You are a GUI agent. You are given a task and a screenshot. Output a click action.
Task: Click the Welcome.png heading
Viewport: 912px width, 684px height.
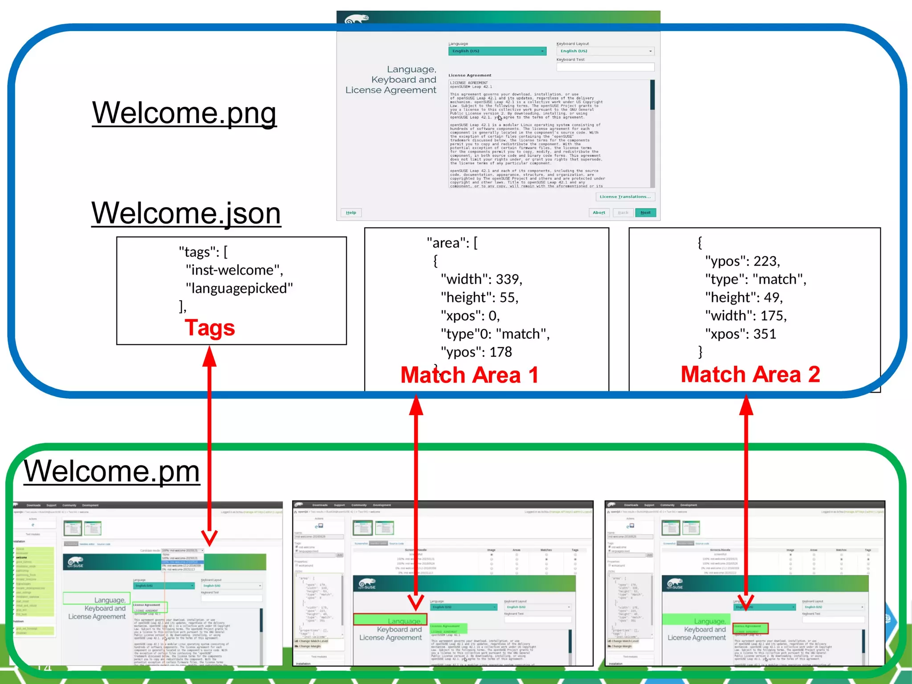[184, 113]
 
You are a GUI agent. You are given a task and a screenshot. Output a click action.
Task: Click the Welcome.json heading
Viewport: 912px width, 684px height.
[186, 213]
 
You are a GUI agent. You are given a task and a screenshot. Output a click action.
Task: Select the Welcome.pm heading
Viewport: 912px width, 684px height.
[112, 471]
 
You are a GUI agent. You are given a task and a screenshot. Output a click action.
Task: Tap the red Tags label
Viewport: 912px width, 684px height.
[209, 328]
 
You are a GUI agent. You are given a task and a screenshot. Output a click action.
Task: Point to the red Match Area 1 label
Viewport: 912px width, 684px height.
[469, 375]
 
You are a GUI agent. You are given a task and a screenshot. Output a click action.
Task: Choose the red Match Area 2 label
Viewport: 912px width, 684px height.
[750, 375]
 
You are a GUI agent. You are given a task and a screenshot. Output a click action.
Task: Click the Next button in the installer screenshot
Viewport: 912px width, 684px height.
[645, 213]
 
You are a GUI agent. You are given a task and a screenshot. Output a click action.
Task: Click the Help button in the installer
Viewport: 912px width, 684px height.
[351, 213]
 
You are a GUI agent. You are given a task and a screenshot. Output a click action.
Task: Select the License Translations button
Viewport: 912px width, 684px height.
[625, 197]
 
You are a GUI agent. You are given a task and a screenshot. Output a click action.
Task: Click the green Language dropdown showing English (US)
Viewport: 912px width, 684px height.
[497, 51]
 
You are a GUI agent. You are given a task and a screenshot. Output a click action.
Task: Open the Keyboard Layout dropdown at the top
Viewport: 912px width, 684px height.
[605, 51]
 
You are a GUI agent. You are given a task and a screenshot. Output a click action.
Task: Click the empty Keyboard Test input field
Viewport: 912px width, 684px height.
[605, 67]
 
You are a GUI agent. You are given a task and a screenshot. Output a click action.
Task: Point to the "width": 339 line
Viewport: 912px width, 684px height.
[481, 279]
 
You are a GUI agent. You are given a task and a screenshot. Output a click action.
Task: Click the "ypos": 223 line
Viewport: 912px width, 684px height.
[742, 261]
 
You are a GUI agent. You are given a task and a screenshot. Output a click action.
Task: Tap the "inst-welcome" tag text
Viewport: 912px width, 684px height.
[234, 270]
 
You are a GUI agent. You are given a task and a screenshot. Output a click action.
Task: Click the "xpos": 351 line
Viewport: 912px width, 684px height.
[740, 334]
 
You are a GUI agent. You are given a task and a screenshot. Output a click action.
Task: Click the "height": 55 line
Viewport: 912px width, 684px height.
[479, 297]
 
